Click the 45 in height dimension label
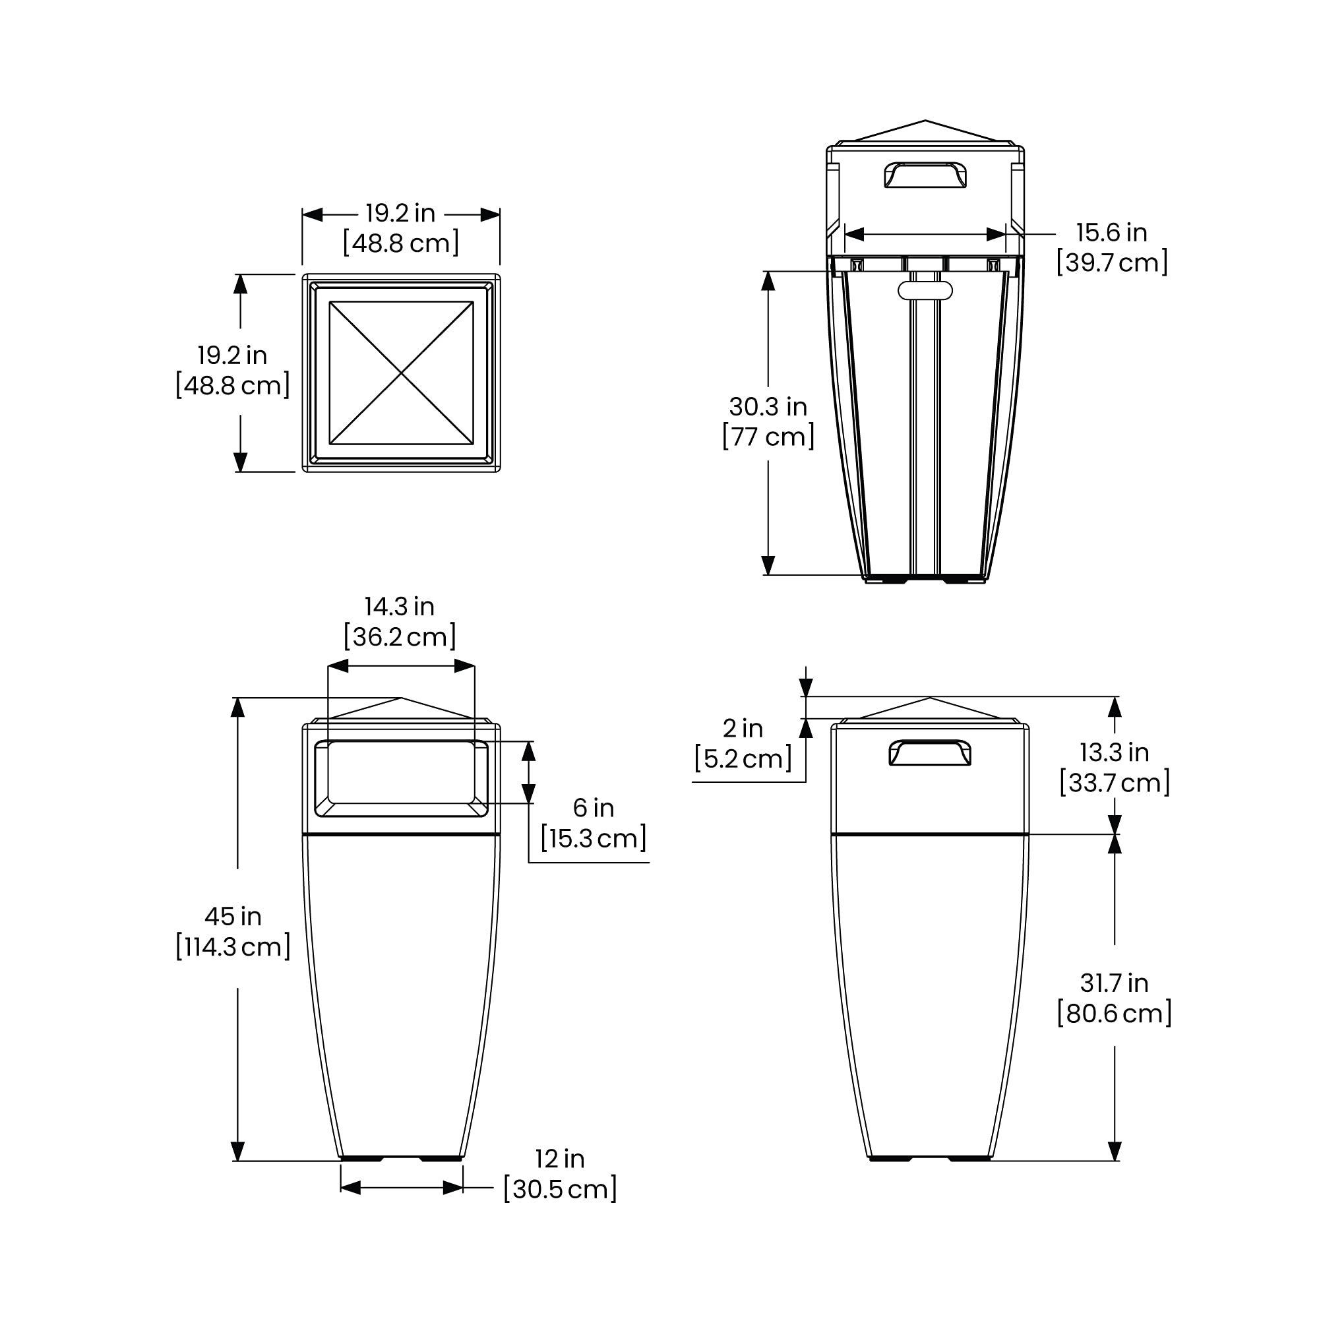pyautogui.click(x=233, y=917)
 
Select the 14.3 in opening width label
pyautogui.click(x=400, y=607)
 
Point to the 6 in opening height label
pyautogui.click(x=594, y=809)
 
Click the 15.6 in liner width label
pyautogui.click(x=1111, y=233)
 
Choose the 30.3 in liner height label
pyautogui.click(x=768, y=407)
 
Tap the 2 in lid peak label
pyautogui.click(x=743, y=729)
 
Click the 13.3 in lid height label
pyautogui.click(x=1114, y=752)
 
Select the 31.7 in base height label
pyautogui.click(x=1114, y=983)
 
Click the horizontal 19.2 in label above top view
pyautogui.click(x=400, y=214)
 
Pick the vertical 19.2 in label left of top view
pyautogui.click(x=232, y=355)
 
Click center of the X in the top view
pyautogui.click(x=402, y=373)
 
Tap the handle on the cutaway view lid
pyautogui.click(x=925, y=175)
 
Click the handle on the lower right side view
pyautogui.click(x=930, y=752)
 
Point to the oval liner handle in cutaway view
pyautogui.click(x=925, y=290)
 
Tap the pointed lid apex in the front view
pyautogui.click(x=402, y=698)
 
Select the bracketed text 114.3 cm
pyautogui.click(x=233, y=947)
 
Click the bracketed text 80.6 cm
pyautogui.click(x=1114, y=1013)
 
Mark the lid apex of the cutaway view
pyautogui.click(x=925, y=121)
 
